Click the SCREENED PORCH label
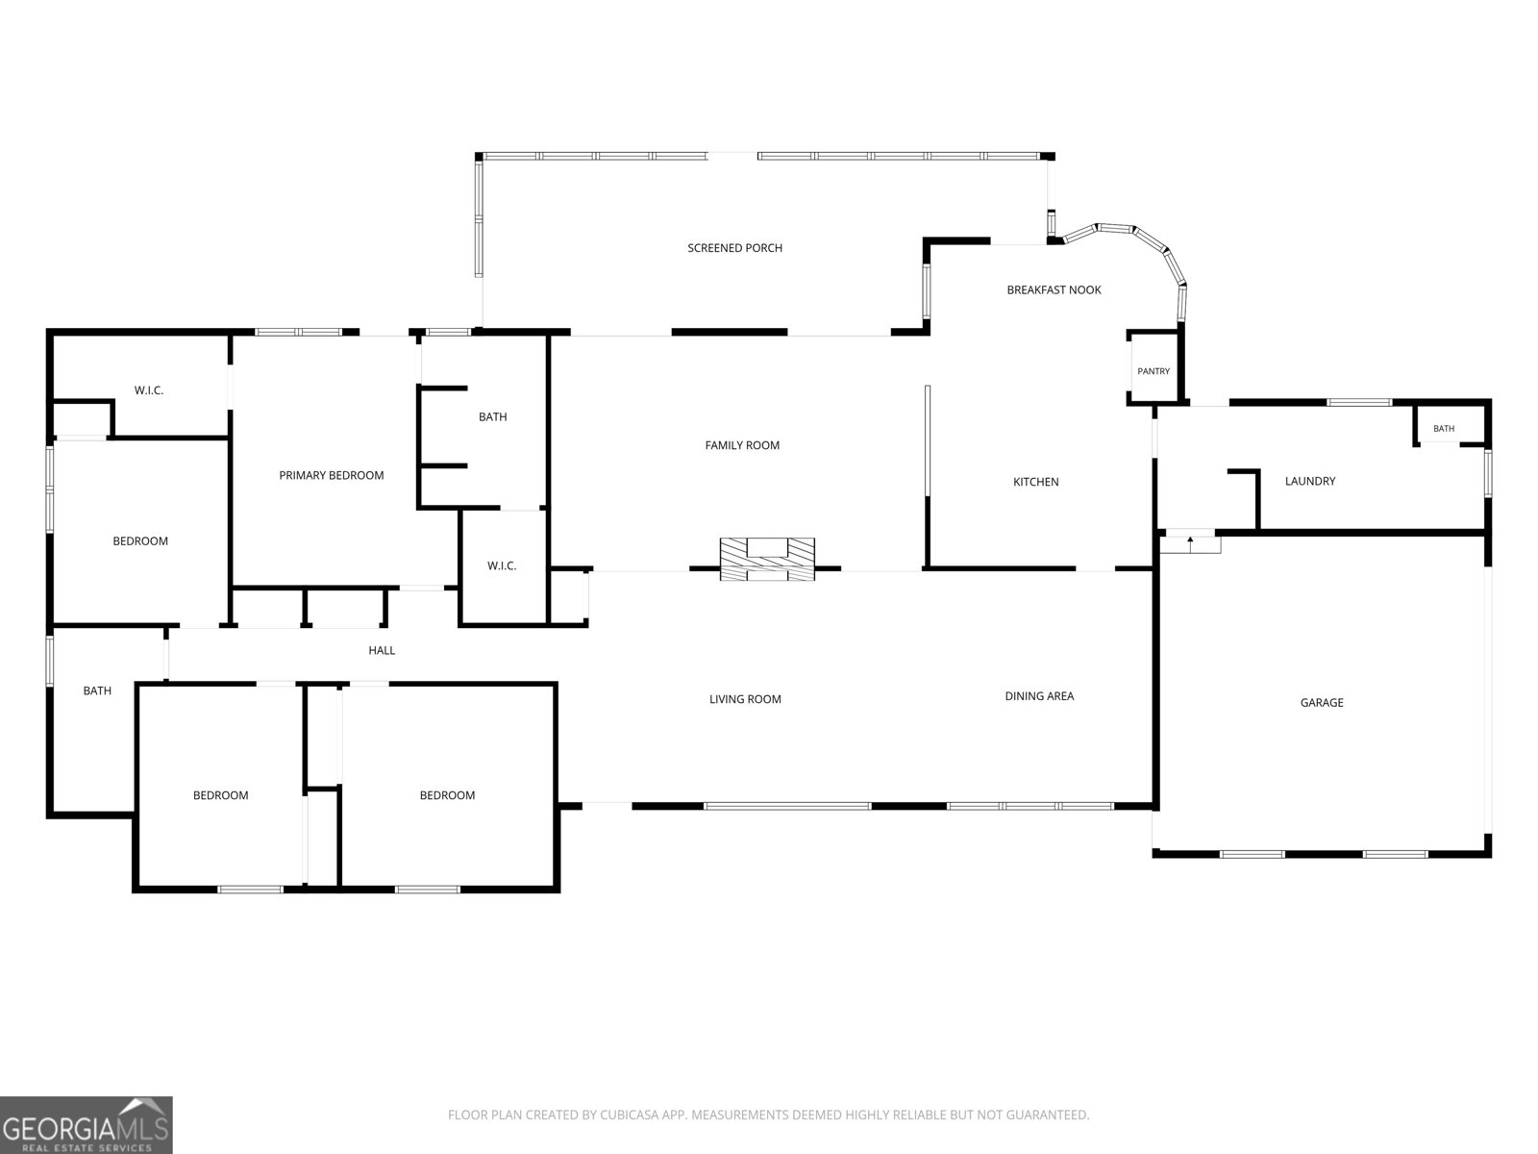tap(734, 248)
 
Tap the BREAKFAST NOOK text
tap(1054, 290)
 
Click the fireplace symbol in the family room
tap(767, 559)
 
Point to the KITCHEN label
tap(1035, 482)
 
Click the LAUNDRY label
tap(1309, 482)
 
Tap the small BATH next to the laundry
tap(1444, 429)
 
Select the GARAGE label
tap(1322, 703)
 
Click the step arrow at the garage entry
tap(1190, 540)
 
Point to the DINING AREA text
tap(1039, 696)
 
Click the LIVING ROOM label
tap(745, 699)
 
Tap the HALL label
tap(382, 651)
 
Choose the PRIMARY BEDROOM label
tap(332, 476)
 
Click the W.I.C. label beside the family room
tap(502, 566)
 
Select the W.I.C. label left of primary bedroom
tap(149, 391)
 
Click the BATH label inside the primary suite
tap(492, 417)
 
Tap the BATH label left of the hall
tap(97, 691)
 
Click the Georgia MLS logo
tap(87, 1125)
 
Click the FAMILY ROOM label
tap(742, 445)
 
